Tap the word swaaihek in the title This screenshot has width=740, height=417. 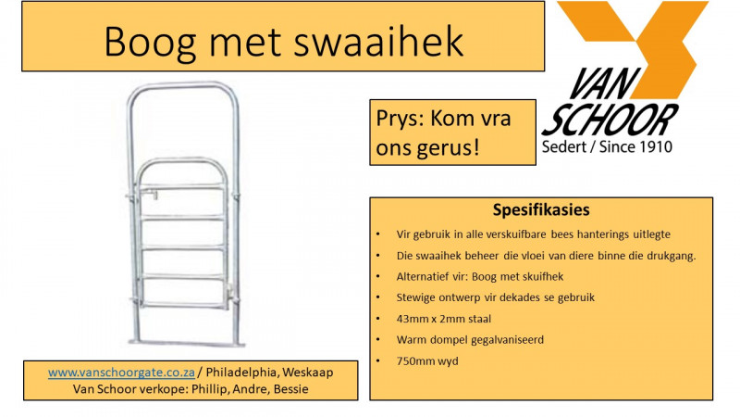(385, 42)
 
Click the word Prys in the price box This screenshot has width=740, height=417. (396, 120)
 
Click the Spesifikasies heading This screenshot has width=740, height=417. (541, 210)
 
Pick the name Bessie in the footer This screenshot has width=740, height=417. (288, 389)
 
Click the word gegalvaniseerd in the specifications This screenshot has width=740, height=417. (504, 339)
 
